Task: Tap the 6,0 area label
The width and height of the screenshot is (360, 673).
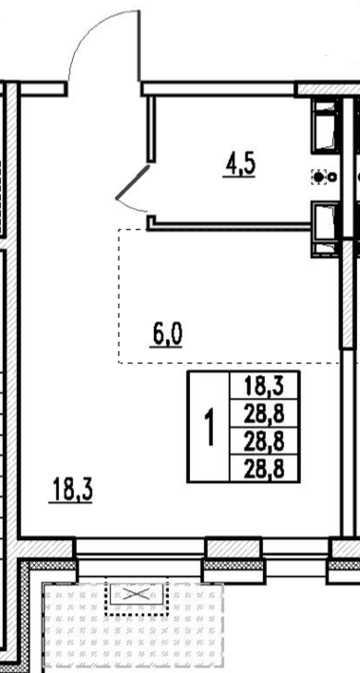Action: tap(166, 335)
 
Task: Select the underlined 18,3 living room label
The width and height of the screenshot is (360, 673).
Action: tap(71, 491)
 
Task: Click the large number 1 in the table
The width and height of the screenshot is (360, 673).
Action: tap(209, 427)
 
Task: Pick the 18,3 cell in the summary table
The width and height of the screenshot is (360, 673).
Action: tap(265, 386)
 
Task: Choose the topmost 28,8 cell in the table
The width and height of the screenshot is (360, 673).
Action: tap(265, 414)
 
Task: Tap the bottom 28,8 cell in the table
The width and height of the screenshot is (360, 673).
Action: tap(265, 468)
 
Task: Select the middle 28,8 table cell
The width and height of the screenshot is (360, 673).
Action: tap(265, 440)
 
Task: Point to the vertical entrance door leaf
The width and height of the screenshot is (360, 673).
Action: tap(140, 46)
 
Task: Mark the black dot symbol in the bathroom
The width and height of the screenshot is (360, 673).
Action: tap(319, 177)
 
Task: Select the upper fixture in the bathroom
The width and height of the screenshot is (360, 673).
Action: tap(325, 125)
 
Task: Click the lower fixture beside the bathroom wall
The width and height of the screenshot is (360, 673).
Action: tap(325, 229)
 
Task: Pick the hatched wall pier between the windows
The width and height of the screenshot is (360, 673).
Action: tap(234, 549)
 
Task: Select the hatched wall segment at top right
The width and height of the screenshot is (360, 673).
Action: tap(328, 89)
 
